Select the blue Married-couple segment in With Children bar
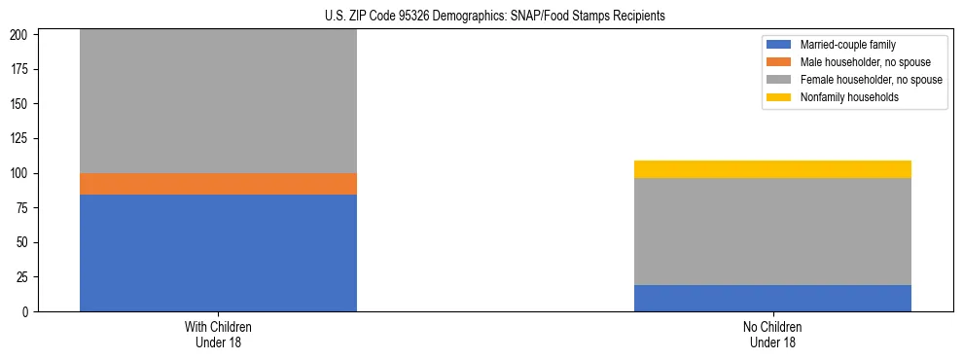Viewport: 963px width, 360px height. click(x=218, y=253)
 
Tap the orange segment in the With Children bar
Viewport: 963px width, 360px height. click(x=218, y=184)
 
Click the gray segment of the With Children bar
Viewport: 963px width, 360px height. click(x=218, y=101)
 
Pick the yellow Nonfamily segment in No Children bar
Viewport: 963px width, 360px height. click(x=772, y=169)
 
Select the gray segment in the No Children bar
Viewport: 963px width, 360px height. click(x=772, y=232)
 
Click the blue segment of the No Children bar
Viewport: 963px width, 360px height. click(x=772, y=298)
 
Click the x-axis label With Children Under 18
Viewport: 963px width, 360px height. click(x=218, y=334)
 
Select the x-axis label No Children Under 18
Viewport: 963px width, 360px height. click(x=772, y=334)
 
